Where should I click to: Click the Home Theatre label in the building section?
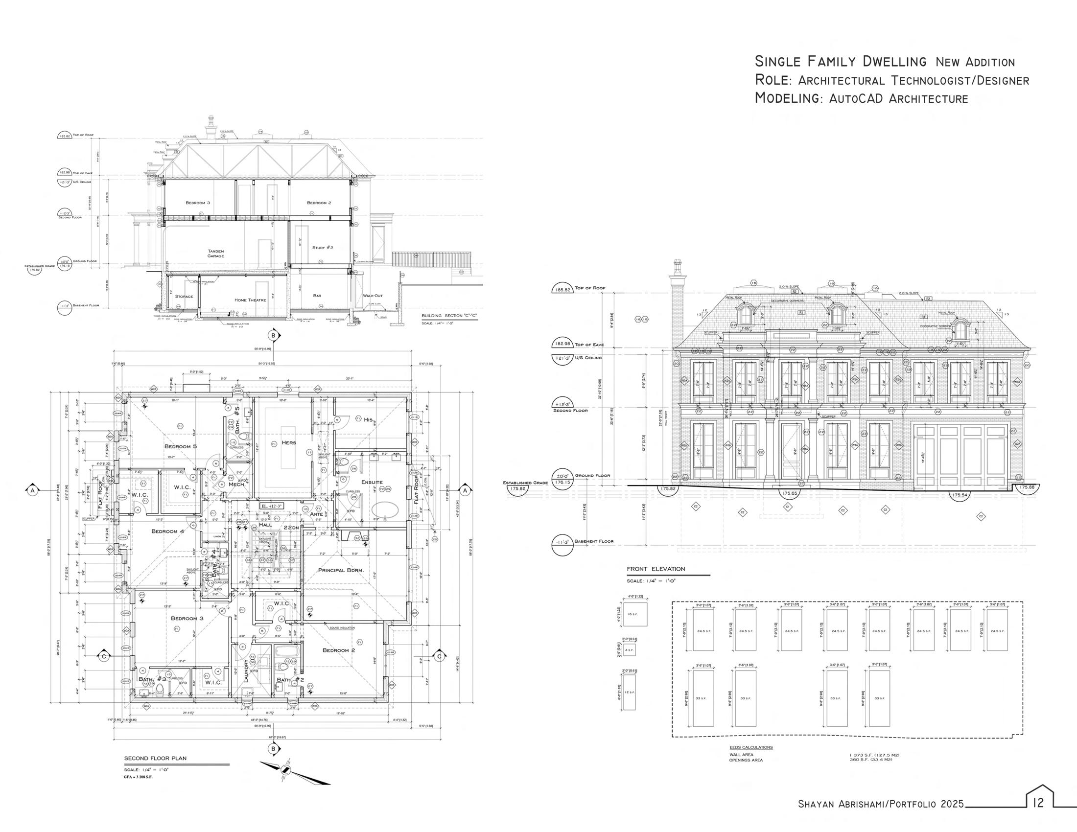[250, 300]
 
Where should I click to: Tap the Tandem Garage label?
[215, 254]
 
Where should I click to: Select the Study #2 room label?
[323, 248]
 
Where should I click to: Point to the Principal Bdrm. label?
[341, 570]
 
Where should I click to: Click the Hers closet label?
[288, 442]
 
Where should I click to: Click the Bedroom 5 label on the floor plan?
[181, 446]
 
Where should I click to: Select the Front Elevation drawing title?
[656, 569]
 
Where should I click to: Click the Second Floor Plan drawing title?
[155, 758]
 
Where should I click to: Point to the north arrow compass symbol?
[285, 770]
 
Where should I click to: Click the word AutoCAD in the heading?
[857, 98]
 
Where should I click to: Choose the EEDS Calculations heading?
[751, 747]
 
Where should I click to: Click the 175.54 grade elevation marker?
[960, 494]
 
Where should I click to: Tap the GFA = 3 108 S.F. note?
[138, 777]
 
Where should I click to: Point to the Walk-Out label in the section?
[373, 296]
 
